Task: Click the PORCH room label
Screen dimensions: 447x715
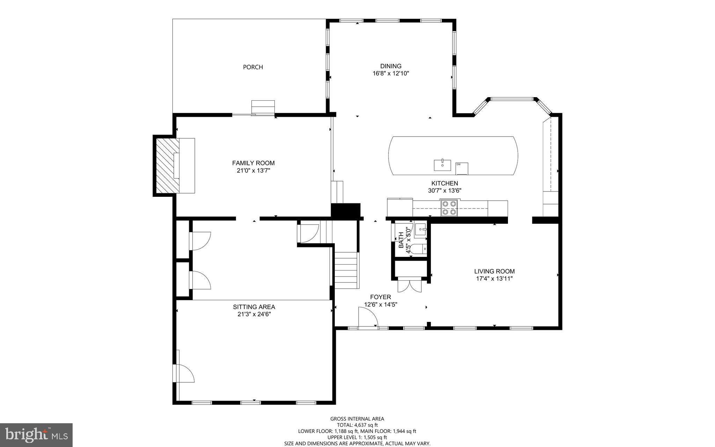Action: pyautogui.click(x=253, y=67)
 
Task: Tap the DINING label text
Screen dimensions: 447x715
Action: pyautogui.click(x=391, y=66)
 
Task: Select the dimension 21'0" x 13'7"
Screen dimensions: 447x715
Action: pyautogui.click(x=253, y=171)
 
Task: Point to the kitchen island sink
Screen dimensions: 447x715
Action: pyautogui.click(x=442, y=165)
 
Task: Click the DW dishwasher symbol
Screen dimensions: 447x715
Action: pyautogui.click(x=462, y=168)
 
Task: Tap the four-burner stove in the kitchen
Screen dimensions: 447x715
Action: pyautogui.click(x=449, y=208)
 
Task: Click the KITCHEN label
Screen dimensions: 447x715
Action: pyautogui.click(x=444, y=183)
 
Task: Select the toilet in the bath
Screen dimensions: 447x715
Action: pyautogui.click(x=418, y=249)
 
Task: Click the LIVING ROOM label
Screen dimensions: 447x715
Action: pyautogui.click(x=494, y=271)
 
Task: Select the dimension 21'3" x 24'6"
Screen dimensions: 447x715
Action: pyautogui.click(x=254, y=314)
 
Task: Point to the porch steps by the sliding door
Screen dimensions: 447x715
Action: pyautogui.click(x=263, y=106)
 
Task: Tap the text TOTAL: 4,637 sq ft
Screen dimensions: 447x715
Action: pyautogui.click(x=357, y=425)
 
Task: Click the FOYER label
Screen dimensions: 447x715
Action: pyautogui.click(x=380, y=297)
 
